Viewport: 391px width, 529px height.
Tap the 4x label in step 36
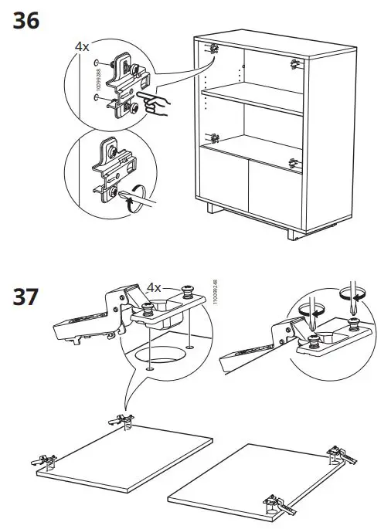(x=82, y=47)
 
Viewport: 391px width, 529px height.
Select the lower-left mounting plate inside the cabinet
(x=215, y=140)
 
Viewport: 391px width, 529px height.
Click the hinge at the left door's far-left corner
(x=46, y=462)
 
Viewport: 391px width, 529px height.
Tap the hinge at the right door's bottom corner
(x=277, y=504)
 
